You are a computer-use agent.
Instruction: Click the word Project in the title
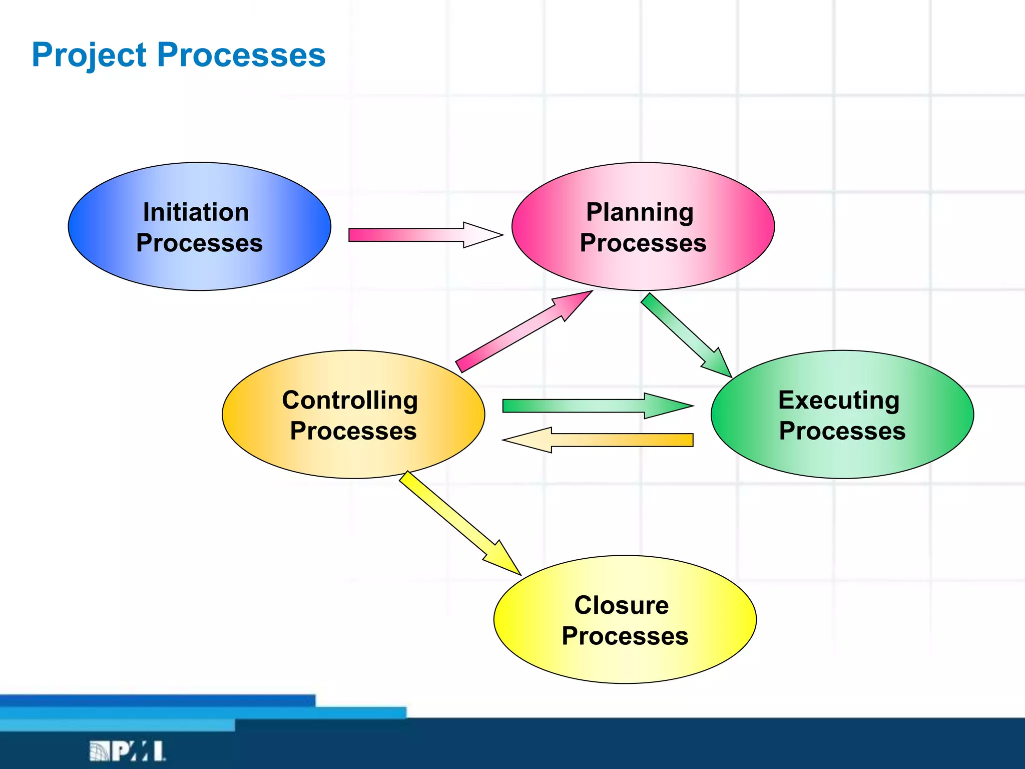(89, 55)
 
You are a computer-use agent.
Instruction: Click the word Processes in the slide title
(241, 55)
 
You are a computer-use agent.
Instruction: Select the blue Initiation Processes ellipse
(199, 270)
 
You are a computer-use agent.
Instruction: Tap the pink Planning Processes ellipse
(643, 270)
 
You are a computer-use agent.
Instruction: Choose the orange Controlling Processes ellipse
(353, 458)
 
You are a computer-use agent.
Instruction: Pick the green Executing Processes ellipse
(842, 458)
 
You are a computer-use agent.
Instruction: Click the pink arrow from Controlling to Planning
(516, 335)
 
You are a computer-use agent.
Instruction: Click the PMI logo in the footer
(127, 751)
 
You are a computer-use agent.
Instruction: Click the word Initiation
(196, 212)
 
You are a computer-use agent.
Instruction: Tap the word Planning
(640, 212)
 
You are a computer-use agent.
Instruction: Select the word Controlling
(350, 400)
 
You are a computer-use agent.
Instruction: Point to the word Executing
(839, 400)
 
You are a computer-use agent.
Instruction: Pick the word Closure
(621, 605)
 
